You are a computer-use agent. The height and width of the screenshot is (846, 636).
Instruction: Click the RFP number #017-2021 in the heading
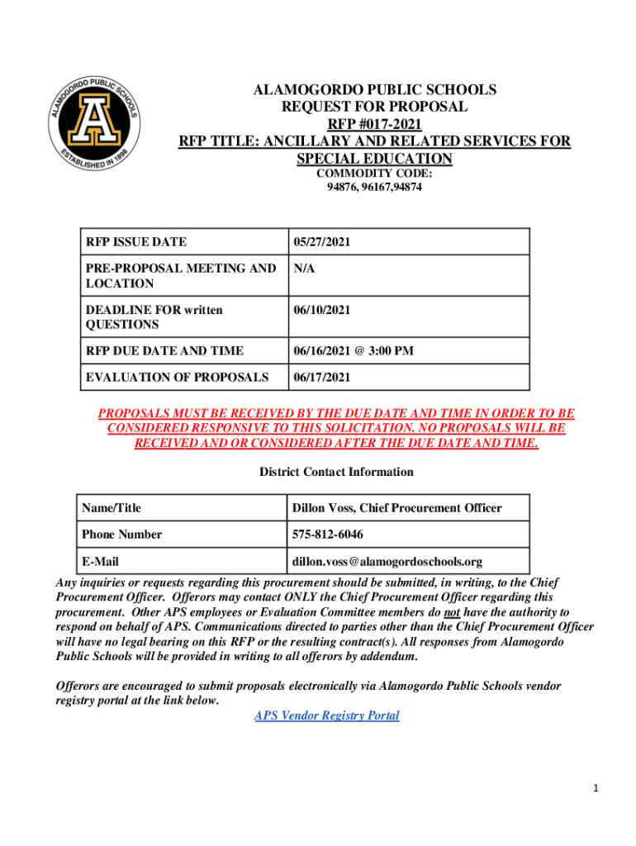click(x=374, y=124)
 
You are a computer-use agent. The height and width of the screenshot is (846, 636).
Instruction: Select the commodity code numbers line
click(x=374, y=188)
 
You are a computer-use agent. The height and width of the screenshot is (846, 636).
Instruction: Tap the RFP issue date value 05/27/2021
click(x=321, y=242)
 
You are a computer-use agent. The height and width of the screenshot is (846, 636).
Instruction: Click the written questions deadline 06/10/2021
click(x=321, y=310)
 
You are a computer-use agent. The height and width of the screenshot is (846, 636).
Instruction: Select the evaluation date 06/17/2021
click(x=321, y=378)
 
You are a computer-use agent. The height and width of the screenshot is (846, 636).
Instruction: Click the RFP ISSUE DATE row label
click(x=135, y=242)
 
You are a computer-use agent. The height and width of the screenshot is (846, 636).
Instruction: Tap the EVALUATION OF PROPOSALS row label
click(x=177, y=378)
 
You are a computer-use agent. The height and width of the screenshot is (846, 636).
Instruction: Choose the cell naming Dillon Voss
click(x=396, y=508)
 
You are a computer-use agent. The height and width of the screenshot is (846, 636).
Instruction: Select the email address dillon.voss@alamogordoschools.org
click(x=387, y=562)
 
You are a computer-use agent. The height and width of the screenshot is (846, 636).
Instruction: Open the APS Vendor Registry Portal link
click(x=327, y=715)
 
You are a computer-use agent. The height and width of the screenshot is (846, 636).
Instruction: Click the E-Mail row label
click(x=100, y=562)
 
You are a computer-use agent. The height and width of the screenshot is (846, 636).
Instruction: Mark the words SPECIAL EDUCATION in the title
click(x=374, y=159)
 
